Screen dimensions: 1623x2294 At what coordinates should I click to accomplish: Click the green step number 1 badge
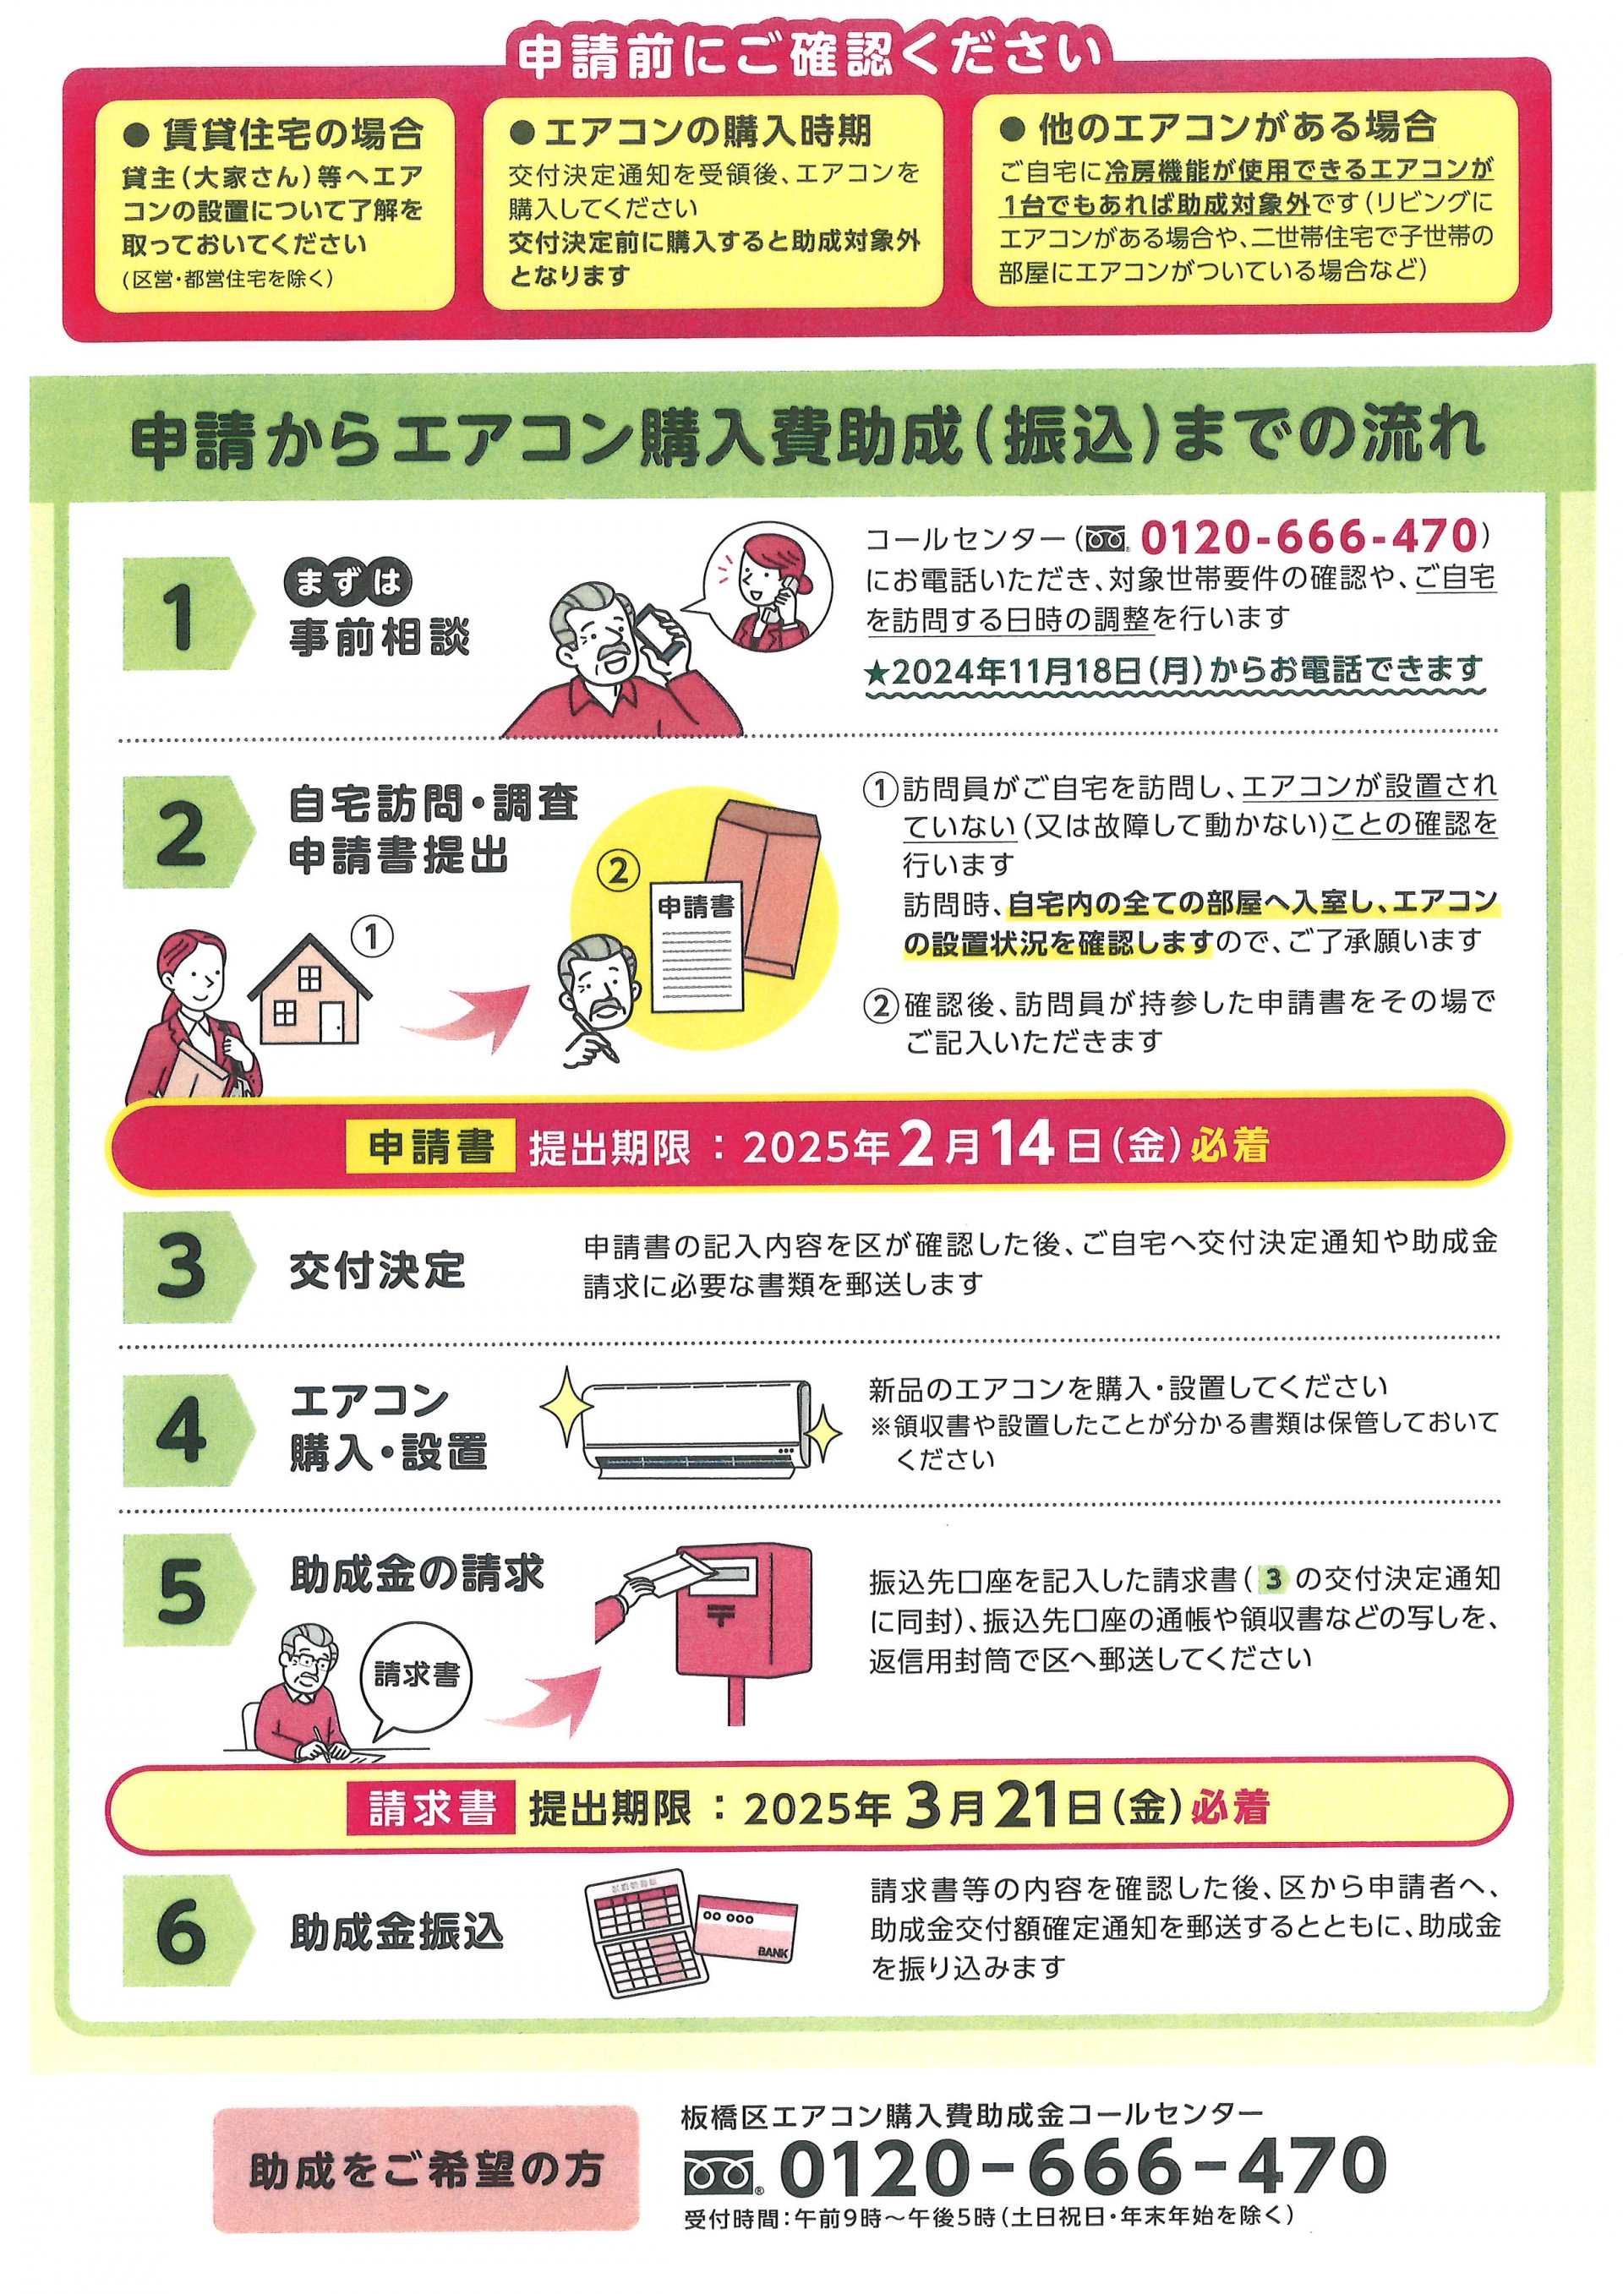[x=185, y=613]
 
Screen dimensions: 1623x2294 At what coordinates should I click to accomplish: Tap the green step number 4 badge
[x=185, y=1430]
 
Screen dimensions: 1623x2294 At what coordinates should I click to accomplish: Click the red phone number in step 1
[x=1309, y=537]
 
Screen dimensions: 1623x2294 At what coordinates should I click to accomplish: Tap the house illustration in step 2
[x=310, y=990]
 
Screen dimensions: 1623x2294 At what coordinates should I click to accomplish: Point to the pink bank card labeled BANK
[x=746, y=1929]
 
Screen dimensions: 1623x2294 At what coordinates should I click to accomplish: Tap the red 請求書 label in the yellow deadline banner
[x=431, y=1807]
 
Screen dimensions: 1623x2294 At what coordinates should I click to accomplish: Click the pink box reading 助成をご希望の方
[x=426, y=2169]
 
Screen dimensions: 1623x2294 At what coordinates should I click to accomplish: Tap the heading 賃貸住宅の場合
[x=276, y=133]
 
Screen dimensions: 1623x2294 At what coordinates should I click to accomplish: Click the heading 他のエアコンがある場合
[x=1218, y=127]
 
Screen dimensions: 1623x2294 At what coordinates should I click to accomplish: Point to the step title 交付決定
[x=378, y=1270]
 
